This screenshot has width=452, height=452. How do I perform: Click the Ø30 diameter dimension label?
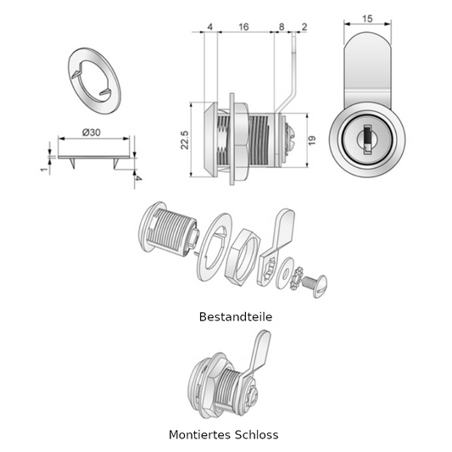[92, 132]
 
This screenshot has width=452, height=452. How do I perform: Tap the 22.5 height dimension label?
[185, 140]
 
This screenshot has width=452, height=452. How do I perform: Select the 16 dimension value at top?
[243, 27]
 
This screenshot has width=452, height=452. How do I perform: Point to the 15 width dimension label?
[367, 19]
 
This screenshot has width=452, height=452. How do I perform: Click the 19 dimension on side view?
[312, 141]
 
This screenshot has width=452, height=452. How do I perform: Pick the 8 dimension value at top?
[282, 27]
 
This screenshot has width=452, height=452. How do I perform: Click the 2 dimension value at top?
[304, 27]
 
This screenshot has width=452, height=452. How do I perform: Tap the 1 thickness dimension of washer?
[44, 170]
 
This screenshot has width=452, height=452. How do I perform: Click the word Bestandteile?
[236, 317]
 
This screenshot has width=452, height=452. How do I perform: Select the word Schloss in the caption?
[257, 434]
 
